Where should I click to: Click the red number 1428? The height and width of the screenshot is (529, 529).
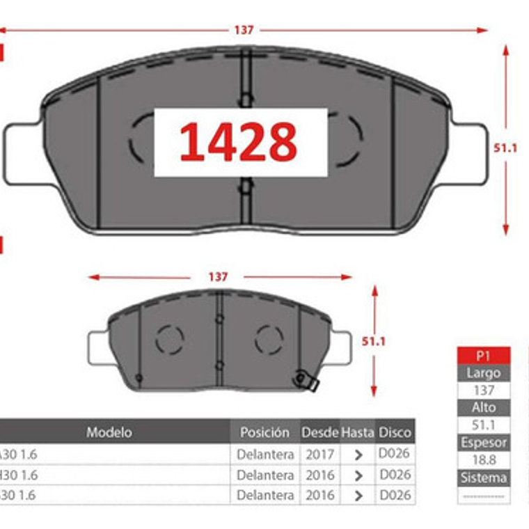pos(239,142)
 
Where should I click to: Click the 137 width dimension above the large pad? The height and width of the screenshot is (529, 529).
pos(244,30)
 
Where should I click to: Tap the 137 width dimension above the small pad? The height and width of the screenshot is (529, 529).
pos(218,277)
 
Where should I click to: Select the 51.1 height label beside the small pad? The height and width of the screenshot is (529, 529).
pos(374,341)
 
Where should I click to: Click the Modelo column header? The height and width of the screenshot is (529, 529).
pos(109,432)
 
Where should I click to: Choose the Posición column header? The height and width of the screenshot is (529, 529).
pos(264,432)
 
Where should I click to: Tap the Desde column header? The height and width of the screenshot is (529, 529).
pos(319,432)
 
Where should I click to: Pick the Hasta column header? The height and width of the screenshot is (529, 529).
pos(357,432)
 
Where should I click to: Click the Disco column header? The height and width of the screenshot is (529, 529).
pos(395,432)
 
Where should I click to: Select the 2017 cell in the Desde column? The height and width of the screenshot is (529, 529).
pos(319,455)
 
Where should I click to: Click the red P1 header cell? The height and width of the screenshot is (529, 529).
pos(484,355)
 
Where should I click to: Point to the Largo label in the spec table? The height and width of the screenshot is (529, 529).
pos(484,372)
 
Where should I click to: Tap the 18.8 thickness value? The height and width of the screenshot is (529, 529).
pos(484,460)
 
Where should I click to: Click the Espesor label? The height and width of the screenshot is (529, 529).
pos(484,443)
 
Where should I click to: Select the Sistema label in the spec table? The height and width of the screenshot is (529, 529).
pos(484,478)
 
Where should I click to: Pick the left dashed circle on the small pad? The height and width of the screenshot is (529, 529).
pos(169,340)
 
